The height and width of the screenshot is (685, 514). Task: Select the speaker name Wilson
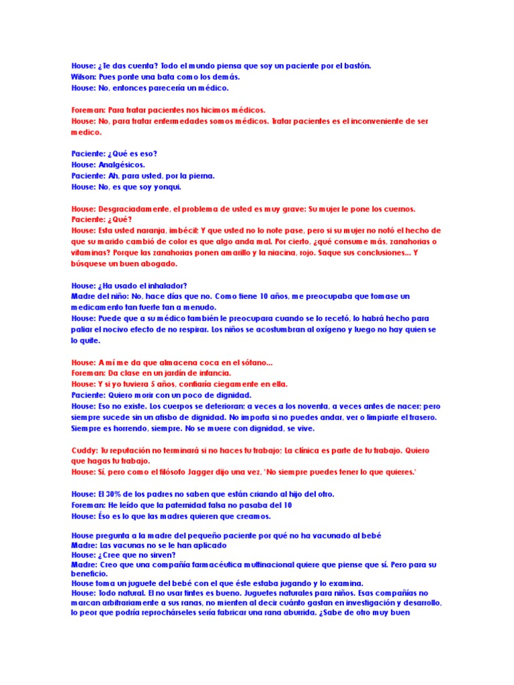(x=84, y=77)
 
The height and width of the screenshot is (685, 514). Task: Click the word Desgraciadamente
(x=144, y=209)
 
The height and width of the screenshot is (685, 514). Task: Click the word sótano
(x=247, y=363)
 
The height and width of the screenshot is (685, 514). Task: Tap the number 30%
(x=117, y=494)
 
